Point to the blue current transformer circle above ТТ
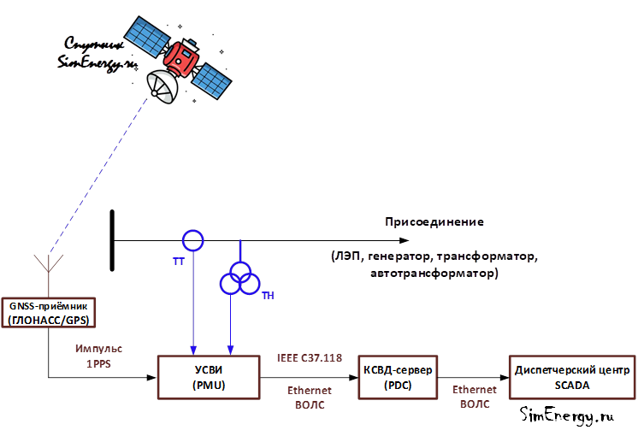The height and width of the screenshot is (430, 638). tap(193, 231)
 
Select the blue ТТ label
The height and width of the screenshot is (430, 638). tap(179, 262)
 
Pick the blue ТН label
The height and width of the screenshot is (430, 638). tap(269, 296)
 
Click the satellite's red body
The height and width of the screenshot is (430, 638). tap(181, 58)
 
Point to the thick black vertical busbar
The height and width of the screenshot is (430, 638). tap(112, 240)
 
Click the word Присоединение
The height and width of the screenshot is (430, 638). tap(434, 222)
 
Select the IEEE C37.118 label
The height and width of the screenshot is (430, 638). tap(310, 358)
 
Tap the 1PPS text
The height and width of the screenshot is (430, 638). tap(98, 363)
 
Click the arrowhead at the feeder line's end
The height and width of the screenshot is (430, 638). tap(404, 240)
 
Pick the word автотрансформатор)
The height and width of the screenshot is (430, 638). tap(434, 273)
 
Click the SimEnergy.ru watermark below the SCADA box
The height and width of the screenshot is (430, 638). tap(567, 415)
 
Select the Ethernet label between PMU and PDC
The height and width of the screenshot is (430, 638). tap(310, 391)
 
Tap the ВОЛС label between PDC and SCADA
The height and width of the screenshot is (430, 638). tap(475, 404)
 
